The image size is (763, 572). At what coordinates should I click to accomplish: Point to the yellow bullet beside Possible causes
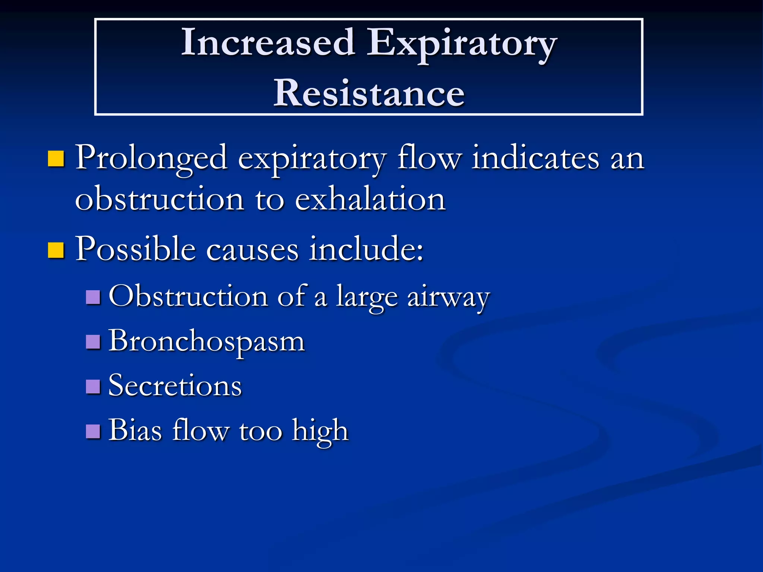[x=56, y=250]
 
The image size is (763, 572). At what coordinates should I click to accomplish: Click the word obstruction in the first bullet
[x=159, y=199]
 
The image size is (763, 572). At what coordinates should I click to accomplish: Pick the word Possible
[x=136, y=249]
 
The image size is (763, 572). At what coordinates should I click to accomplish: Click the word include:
[x=366, y=249]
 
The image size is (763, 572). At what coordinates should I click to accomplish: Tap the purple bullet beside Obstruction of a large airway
[x=93, y=297]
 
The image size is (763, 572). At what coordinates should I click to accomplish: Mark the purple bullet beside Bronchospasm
[x=93, y=341]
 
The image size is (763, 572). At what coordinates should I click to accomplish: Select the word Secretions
[x=175, y=386]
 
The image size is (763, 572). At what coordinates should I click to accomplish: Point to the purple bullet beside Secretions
[x=93, y=386]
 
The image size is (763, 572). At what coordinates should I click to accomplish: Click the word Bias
[x=135, y=430]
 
